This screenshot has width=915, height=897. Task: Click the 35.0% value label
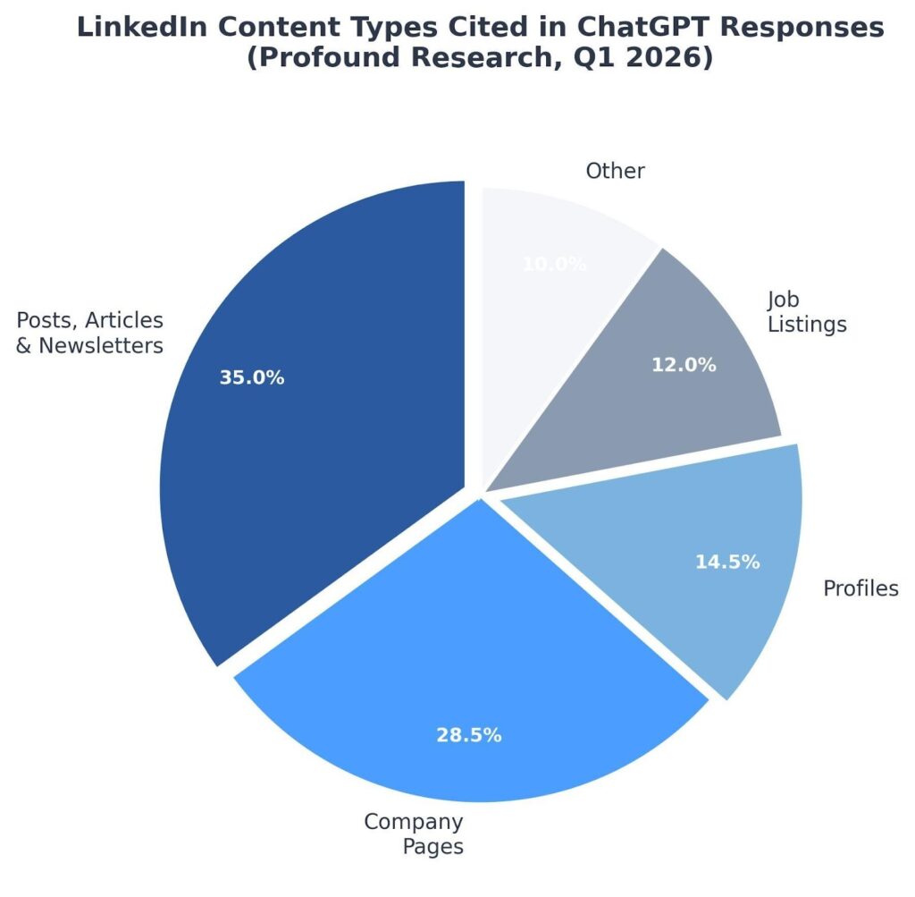252,378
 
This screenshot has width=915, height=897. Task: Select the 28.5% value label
469,736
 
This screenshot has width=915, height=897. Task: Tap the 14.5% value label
727,563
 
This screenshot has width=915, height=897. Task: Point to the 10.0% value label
554,264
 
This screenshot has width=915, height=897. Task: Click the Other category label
615,171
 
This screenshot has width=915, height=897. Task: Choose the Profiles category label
860,588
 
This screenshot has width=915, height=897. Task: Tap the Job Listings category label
806,312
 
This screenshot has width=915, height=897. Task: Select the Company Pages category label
415,834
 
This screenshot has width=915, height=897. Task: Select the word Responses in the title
813,28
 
